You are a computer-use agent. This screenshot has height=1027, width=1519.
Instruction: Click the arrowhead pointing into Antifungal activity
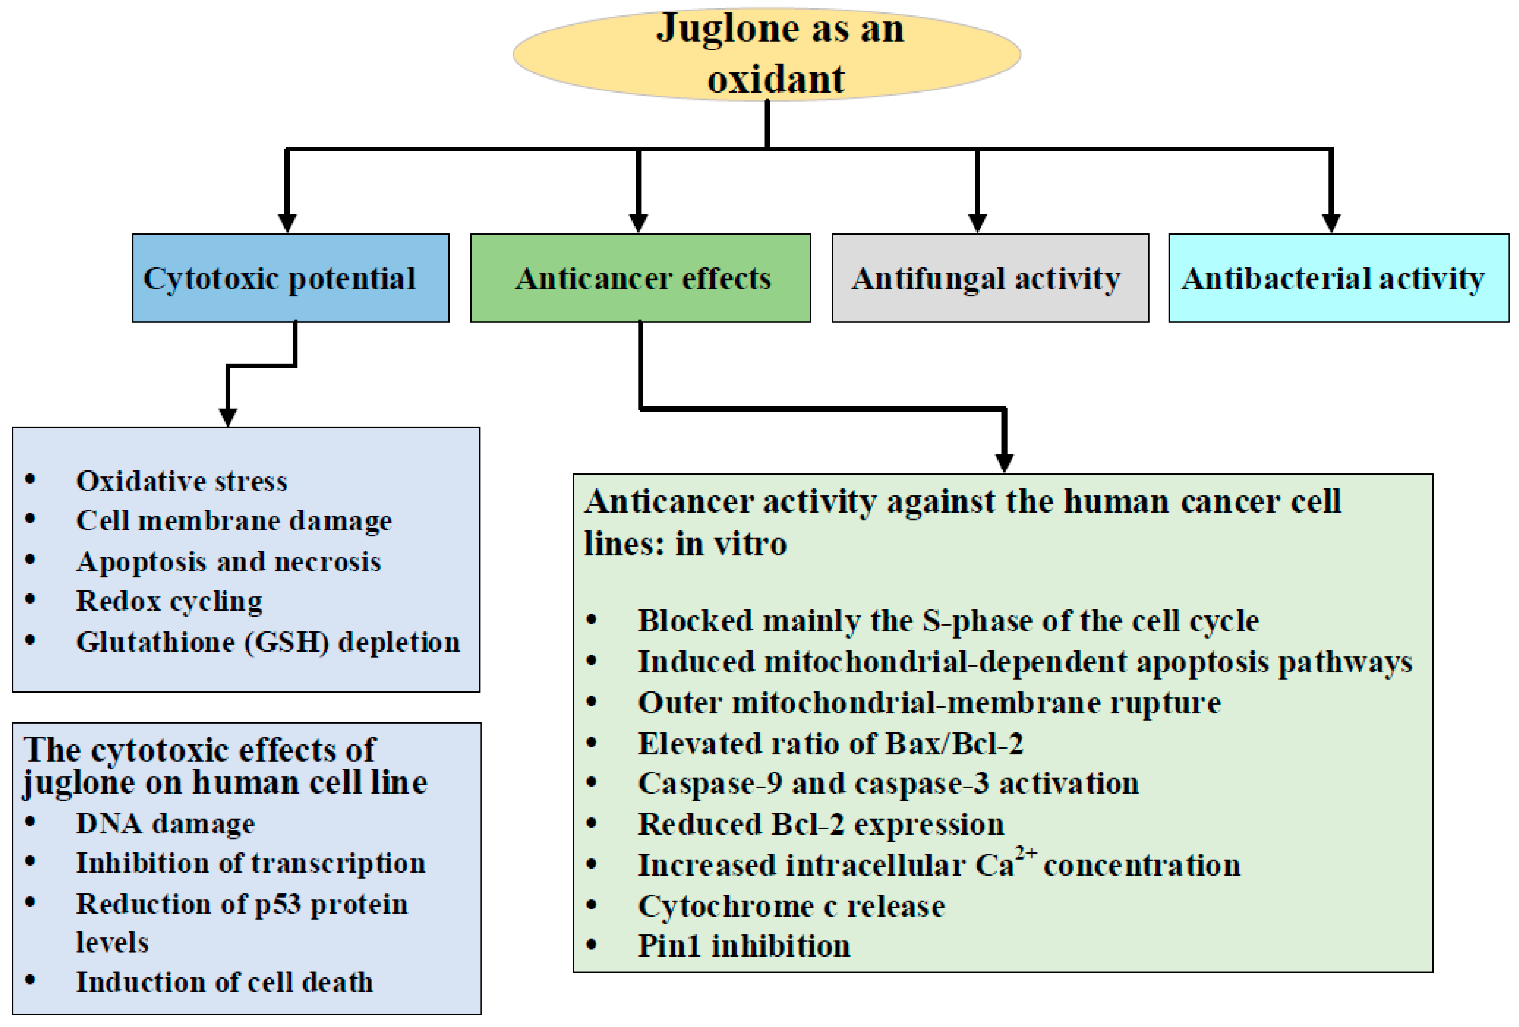tap(977, 223)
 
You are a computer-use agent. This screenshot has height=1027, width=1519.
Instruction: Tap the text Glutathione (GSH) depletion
tap(268, 642)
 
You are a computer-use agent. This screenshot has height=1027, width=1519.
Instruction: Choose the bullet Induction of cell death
tap(224, 982)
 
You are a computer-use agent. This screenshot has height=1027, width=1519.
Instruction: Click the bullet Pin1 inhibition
tap(744, 946)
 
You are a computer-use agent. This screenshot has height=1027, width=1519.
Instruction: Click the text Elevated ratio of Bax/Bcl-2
tap(830, 744)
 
